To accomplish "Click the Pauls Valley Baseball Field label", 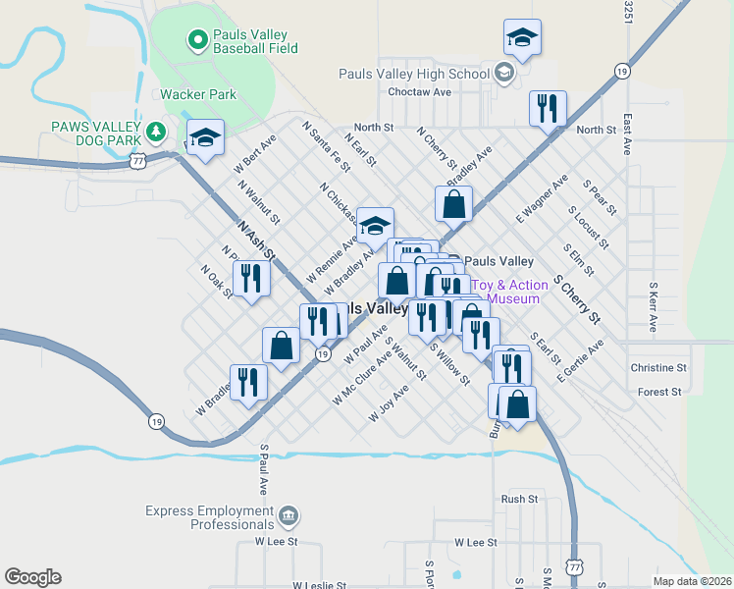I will [255, 40].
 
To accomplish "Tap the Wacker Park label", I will [198, 95].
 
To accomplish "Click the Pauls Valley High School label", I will [413, 74].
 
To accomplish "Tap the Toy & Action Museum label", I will [506, 292].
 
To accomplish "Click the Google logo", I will [32, 577].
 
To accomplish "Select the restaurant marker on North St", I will [548, 108].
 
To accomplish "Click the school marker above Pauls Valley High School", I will [522, 37].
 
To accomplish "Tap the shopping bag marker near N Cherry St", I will [453, 204].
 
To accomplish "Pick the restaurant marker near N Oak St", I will [251, 279].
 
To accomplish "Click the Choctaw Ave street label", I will [419, 92].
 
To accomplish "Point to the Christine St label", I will [657, 368].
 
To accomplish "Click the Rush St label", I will [520, 499].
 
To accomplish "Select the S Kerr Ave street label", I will [653, 307].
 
